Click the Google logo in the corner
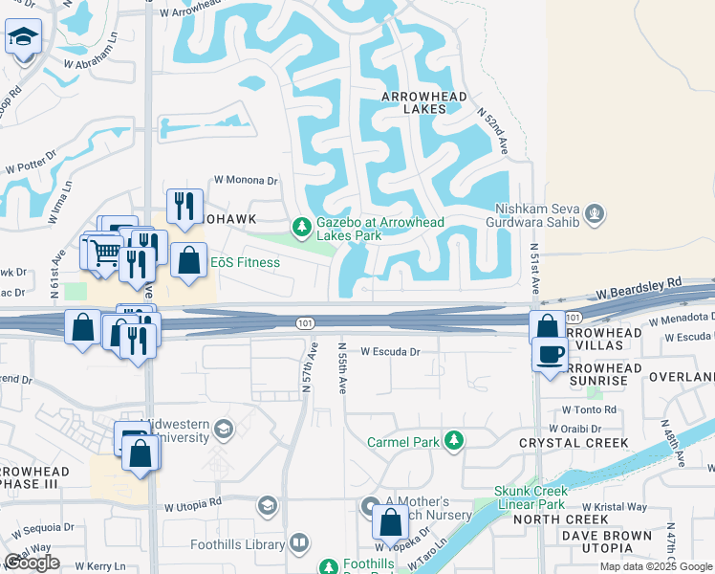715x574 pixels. [x=32, y=563]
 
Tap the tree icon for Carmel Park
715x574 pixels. [x=455, y=441]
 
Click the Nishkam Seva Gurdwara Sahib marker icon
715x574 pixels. [x=595, y=212]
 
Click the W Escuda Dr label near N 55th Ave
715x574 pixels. [x=390, y=351]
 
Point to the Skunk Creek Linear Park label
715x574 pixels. [x=531, y=497]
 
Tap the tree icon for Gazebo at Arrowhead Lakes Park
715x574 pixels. [x=301, y=227]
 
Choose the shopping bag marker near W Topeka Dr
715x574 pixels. [x=389, y=523]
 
